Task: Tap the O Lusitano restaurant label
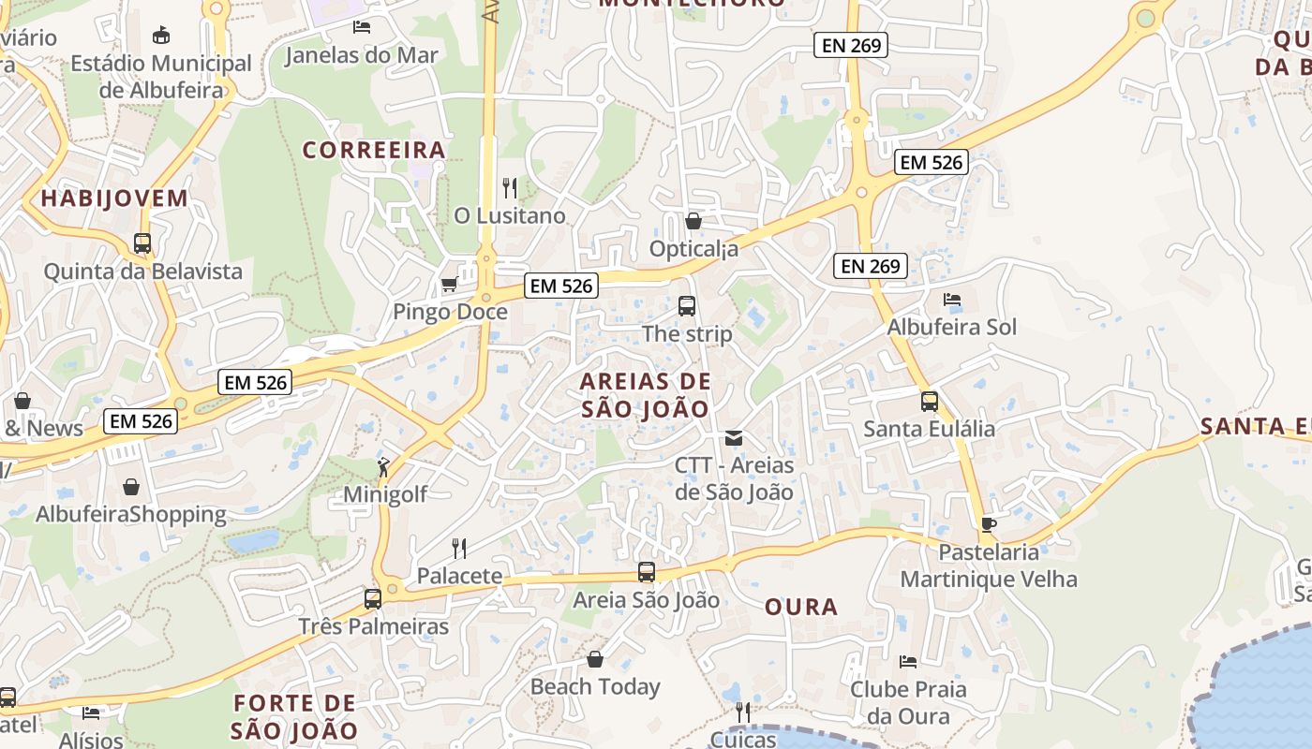510,216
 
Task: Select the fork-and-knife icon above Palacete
459,548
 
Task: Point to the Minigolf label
385,494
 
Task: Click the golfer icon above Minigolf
383,466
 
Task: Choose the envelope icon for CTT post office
734,437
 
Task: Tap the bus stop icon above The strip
687,306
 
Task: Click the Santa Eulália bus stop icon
929,402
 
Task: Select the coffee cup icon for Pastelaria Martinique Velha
988,524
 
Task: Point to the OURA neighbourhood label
801,607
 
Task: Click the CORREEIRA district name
374,150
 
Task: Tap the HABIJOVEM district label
114,198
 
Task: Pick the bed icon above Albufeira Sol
952,300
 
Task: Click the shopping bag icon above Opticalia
693,221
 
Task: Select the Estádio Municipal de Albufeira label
162,77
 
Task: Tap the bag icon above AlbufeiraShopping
131,487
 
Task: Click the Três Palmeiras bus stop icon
373,598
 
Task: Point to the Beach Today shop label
595,687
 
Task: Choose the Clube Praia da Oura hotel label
908,702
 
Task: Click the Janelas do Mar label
361,55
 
